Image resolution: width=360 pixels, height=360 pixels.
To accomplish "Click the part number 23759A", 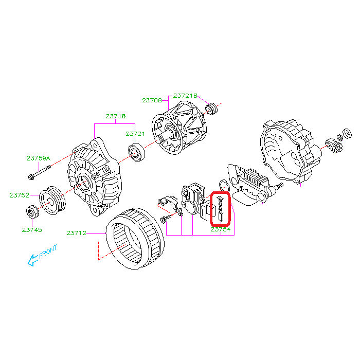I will (x=39, y=158).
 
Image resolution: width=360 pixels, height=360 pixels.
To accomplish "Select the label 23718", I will (x=116, y=116).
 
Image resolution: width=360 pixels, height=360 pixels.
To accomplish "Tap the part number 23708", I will (x=152, y=100).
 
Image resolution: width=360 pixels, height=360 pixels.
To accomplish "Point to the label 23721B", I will (x=185, y=96).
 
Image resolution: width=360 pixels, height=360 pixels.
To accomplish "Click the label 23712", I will (x=76, y=233).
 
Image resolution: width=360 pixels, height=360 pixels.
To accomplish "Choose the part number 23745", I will (x=31, y=230).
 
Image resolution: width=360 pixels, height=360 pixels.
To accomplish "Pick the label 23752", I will (x=19, y=195).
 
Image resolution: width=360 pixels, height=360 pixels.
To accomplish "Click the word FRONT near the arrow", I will (x=48, y=252).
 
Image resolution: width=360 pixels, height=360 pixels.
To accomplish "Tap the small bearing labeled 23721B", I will (x=210, y=109).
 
